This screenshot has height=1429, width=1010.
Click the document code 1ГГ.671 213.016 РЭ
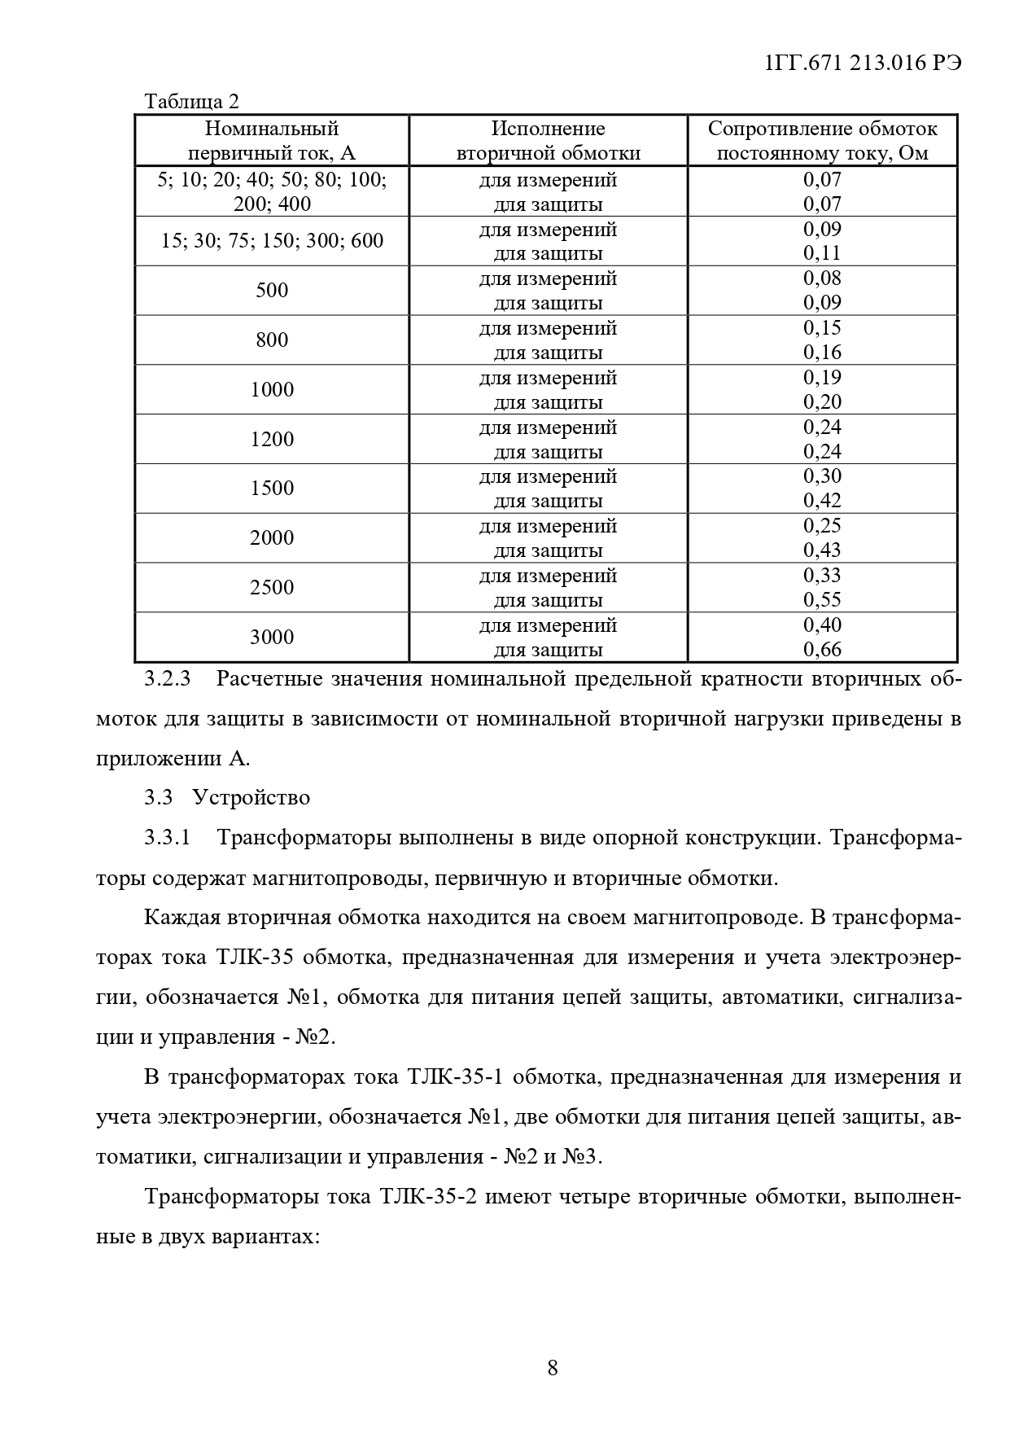pyautogui.click(x=864, y=64)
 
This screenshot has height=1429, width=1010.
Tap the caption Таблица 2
pyautogui.click(x=192, y=102)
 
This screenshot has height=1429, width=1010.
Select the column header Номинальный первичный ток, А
pyautogui.click(x=272, y=141)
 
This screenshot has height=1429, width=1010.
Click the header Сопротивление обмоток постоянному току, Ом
pyautogui.click(x=822, y=141)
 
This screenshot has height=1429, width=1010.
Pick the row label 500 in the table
pyautogui.click(x=272, y=291)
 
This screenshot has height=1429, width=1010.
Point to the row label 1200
pyautogui.click(x=272, y=440)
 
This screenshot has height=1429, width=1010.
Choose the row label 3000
pyautogui.click(x=272, y=638)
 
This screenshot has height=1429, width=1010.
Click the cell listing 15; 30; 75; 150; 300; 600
pyautogui.click(x=272, y=241)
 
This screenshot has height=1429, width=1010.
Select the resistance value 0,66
pyautogui.click(x=822, y=650)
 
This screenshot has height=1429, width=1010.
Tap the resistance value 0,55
pyautogui.click(x=822, y=600)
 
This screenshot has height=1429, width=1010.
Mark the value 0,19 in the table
pyautogui.click(x=822, y=378)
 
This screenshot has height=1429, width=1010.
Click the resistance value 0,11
pyautogui.click(x=822, y=253)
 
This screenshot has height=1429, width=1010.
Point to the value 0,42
pyautogui.click(x=822, y=501)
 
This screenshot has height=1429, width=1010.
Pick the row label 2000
pyautogui.click(x=272, y=538)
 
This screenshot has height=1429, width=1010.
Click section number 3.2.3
pyautogui.click(x=167, y=679)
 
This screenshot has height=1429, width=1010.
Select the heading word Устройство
pyautogui.click(x=251, y=797)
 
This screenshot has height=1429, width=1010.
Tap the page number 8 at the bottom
pyautogui.click(x=553, y=1367)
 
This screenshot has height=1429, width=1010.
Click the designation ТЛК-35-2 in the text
pyautogui.click(x=427, y=1197)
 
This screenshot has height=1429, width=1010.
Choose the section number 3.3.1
pyautogui.click(x=167, y=837)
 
